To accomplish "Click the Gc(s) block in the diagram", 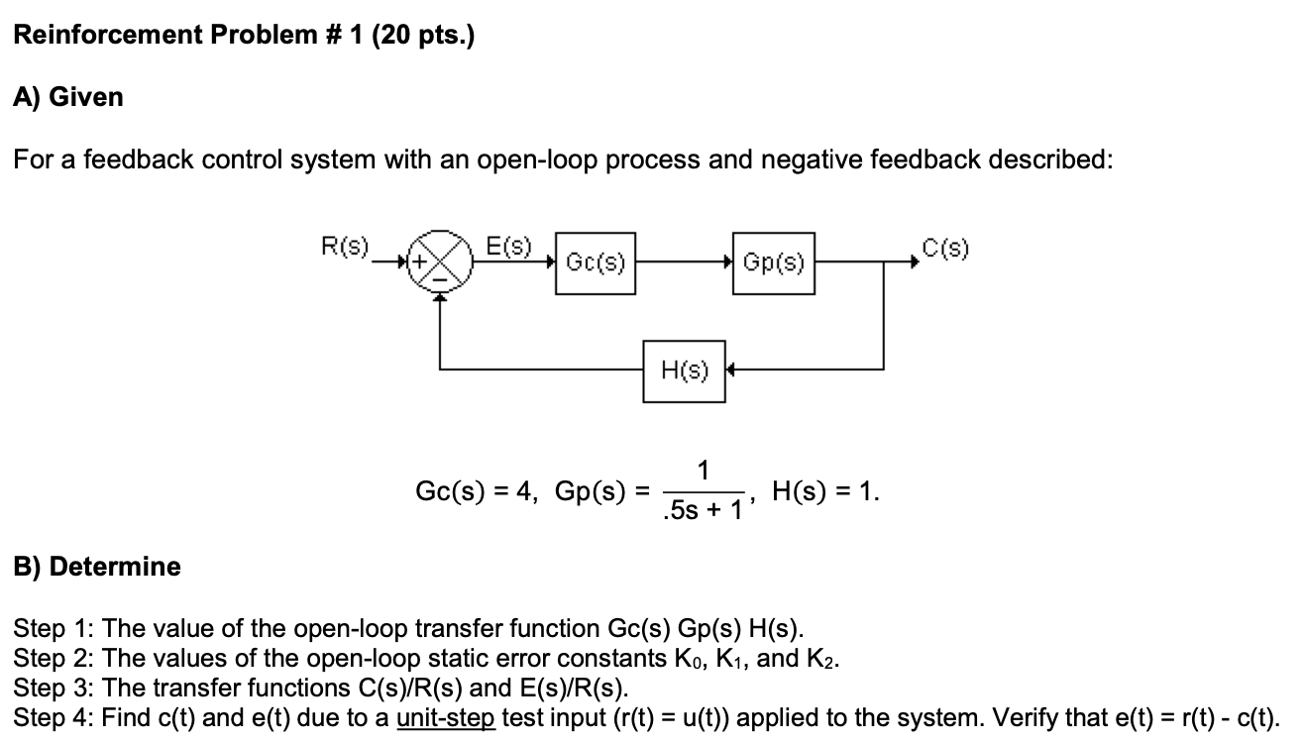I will click(x=596, y=264).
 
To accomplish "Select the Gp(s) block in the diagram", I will click(x=774, y=264).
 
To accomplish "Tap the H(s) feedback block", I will click(x=684, y=371).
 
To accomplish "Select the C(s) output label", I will click(x=944, y=247).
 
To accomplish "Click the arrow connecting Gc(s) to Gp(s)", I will click(x=684, y=264).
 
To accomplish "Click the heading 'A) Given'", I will click(x=68, y=97).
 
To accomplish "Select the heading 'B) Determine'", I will click(x=97, y=567).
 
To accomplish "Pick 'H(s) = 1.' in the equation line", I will click(x=825, y=492).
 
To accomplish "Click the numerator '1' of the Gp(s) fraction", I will click(x=703, y=472).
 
